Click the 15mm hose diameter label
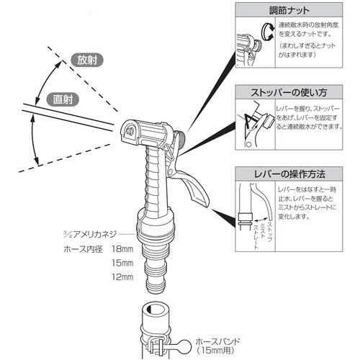coord(124,263)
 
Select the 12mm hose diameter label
coord(124,277)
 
